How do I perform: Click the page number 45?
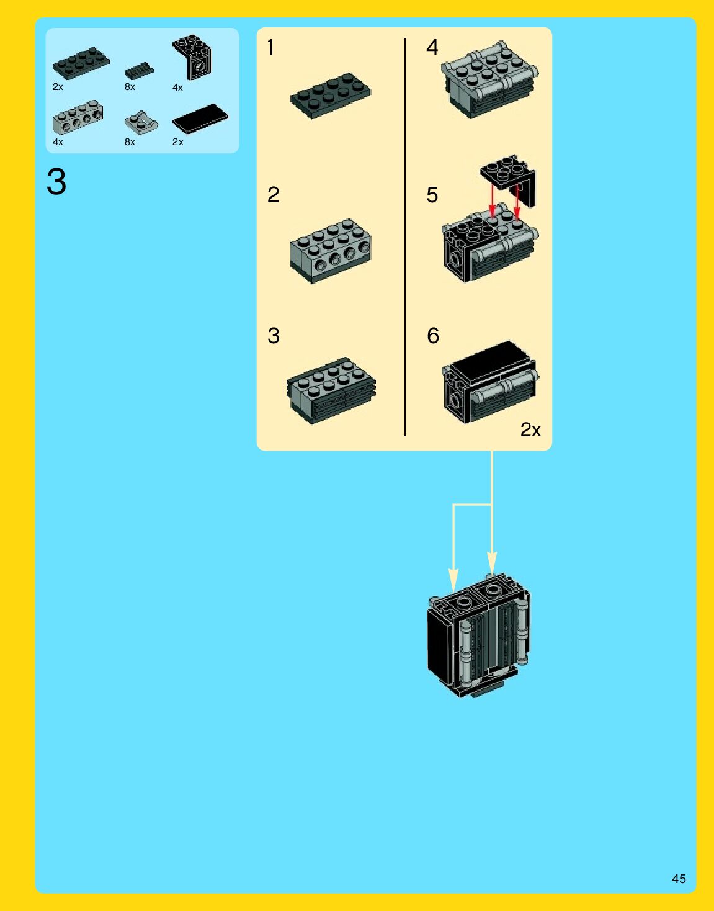[679, 879]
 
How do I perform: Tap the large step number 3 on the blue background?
[56, 182]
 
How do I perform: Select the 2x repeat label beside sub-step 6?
[530, 429]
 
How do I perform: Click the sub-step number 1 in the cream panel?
[270, 47]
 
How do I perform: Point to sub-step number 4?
[432, 47]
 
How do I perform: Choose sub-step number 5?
[432, 195]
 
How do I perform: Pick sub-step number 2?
[273, 195]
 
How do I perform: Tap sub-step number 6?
[433, 336]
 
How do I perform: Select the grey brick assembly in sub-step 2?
[330, 250]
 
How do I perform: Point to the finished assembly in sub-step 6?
[490, 381]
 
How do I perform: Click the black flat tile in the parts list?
[200, 118]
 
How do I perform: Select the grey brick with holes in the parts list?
[78, 118]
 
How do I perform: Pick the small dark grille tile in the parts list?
[139, 71]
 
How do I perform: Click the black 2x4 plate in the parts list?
[81, 62]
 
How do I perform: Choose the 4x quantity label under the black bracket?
[177, 88]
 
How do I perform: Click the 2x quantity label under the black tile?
[177, 142]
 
